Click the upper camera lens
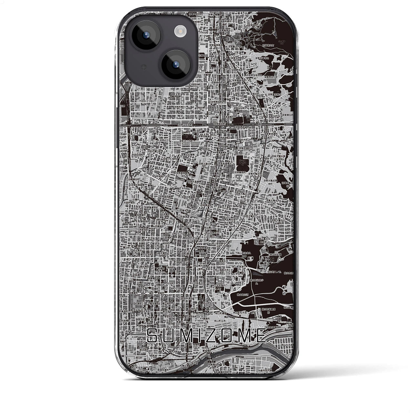tap(143, 35)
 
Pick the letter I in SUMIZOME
tap(202, 336)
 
